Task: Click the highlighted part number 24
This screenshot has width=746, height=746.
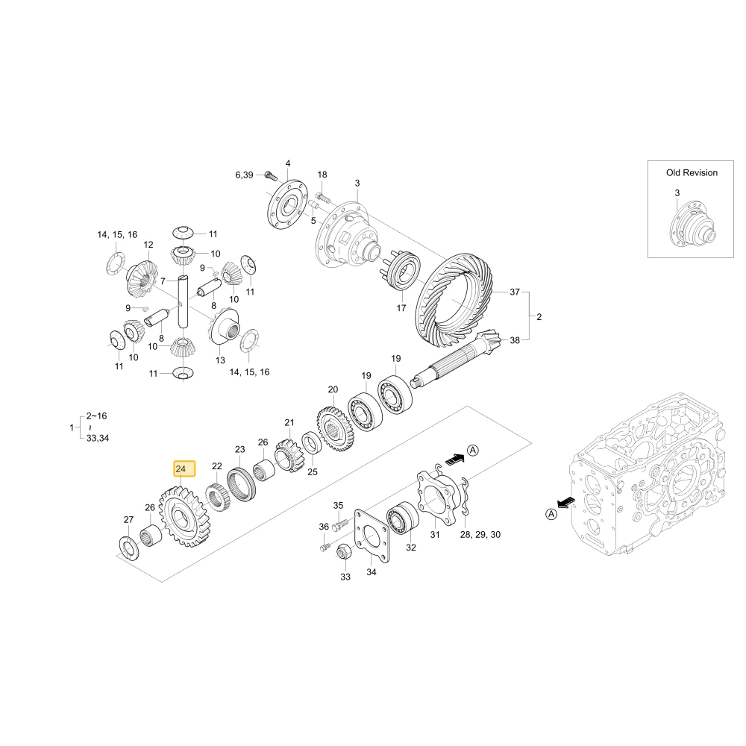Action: pos(181,469)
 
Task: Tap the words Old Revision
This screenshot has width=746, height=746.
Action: pos(692,173)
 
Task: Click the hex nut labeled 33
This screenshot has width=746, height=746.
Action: pos(343,554)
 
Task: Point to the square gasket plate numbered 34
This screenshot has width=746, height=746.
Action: pos(372,536)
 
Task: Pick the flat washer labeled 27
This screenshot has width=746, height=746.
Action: pos(128,548)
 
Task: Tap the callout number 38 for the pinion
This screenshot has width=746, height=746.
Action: pos(515,340)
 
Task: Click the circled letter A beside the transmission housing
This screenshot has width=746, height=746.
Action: pos(551,514)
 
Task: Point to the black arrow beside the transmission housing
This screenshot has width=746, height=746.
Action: pos(566,502)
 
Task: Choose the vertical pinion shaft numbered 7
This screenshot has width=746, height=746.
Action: pos(184,301)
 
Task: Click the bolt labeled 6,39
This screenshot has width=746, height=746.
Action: pos(270,175)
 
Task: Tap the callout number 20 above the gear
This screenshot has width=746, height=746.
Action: pos(333,389)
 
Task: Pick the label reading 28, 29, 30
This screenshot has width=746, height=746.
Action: pos(480,534)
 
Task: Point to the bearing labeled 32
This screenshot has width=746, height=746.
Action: pos(403,518)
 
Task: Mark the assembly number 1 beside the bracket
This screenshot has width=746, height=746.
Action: pos(72,427)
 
